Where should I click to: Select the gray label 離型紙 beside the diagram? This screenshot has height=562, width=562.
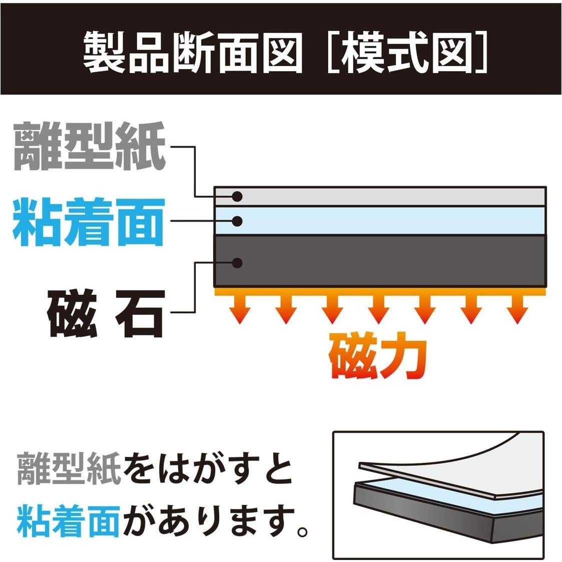pyautogui.click(x=89, y=147)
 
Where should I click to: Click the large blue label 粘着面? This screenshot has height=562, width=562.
pyautogui.click(x=89, y=222)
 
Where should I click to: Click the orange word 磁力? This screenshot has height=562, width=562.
pyautogui.click(x=378, y=357)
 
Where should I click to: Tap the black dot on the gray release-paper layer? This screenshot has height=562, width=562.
pyautogui.click(x=238, y=196)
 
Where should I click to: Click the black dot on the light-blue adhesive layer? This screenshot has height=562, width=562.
pyautogui.click(x=238, y=221)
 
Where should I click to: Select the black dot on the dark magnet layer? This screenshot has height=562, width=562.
pyautogui.click(x=238, y=262)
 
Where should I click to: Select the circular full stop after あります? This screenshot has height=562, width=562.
pyautogui.click(x=302, y=528)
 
